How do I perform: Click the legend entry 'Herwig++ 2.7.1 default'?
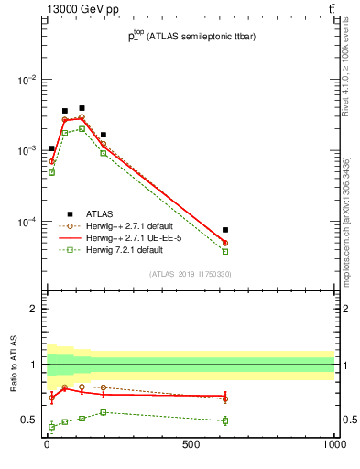tap(124, 225)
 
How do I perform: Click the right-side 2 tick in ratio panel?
tap(344, 309)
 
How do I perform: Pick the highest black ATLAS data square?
tap(82, 108)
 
